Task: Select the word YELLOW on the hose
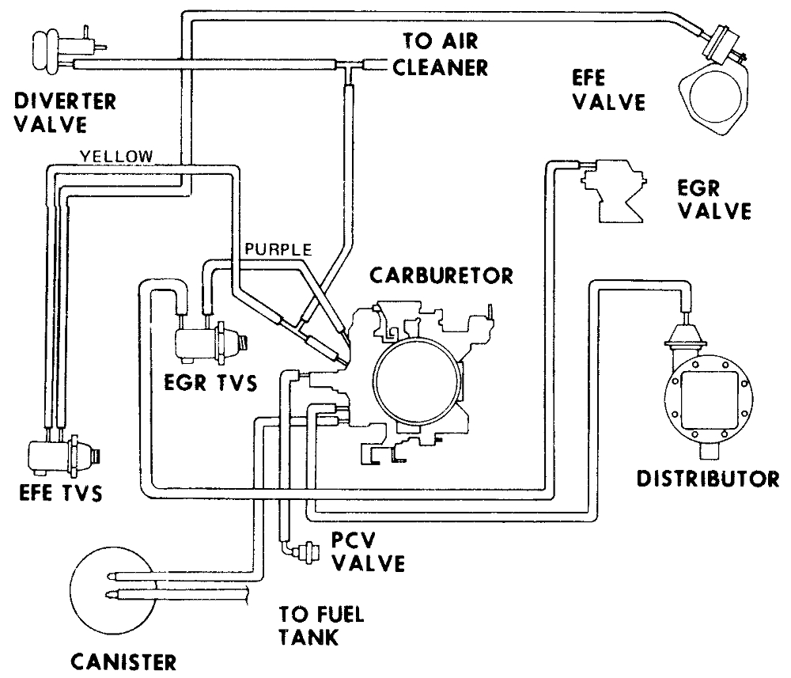[x=117, y=156]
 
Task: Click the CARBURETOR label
[x=441, y=276]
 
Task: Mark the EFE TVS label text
[x=61, y=494]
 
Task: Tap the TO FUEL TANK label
[x=320, y=624]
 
